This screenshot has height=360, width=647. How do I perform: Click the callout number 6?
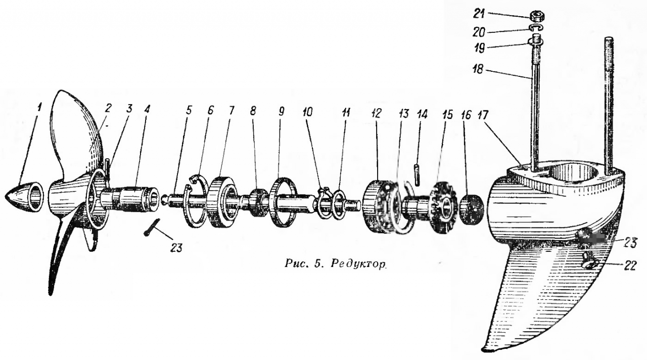click(211, 109)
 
